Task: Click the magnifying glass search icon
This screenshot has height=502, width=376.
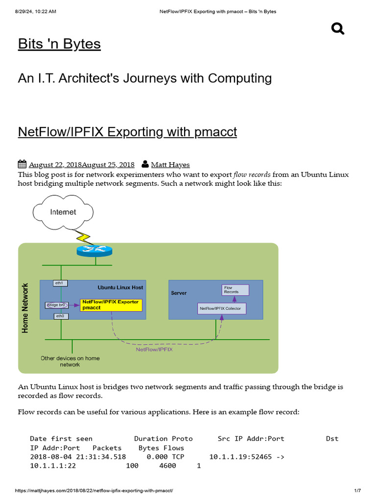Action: point(338,29)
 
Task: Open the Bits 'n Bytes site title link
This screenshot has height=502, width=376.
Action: point(59,44)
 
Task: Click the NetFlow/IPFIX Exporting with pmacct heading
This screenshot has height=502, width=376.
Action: point(127,132)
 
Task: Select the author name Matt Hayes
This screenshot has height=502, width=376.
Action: point(170,165)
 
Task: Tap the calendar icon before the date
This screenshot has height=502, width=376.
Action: point(22,164)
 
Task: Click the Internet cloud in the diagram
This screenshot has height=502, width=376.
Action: point(63,212)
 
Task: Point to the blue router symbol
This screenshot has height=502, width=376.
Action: point(94,250)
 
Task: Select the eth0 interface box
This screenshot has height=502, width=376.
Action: point(60,316)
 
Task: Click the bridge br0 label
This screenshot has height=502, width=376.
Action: point(55,305)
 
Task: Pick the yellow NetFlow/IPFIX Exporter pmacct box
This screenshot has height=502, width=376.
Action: point(111,305)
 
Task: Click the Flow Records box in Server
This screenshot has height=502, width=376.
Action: point(235,290)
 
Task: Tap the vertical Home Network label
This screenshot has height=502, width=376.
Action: point(25,308)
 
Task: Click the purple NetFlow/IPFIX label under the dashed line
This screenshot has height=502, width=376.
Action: point(154,350)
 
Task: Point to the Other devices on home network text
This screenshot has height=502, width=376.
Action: point(70,361)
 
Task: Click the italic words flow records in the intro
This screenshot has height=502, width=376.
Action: point(252,175)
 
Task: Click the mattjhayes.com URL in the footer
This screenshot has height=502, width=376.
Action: point(94,491)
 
